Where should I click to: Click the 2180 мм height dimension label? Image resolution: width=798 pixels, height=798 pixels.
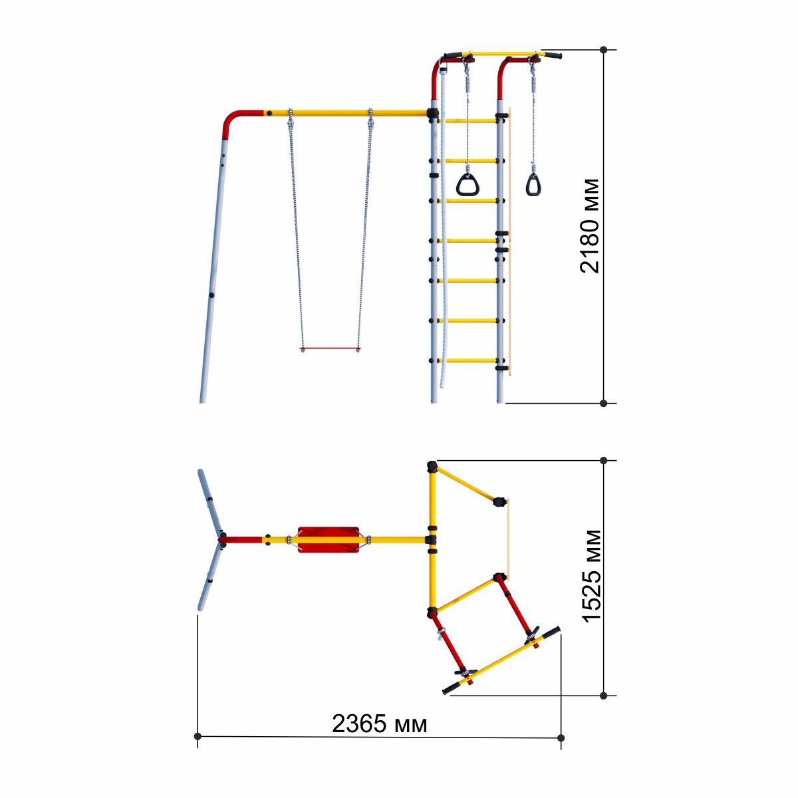(x=590, y=225)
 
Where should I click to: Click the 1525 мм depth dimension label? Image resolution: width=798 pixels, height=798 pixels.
(x=593, y=576)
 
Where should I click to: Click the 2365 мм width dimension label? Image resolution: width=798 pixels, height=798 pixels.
(x=379, y=724)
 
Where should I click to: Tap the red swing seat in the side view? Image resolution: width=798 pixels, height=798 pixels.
(x=330, y=349)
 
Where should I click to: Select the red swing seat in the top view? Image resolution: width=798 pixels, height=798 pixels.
(x=328, y=540)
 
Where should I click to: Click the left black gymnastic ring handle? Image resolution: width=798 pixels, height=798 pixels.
(x=468, y=185)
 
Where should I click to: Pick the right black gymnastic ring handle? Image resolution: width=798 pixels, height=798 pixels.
(x=533, y=185)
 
